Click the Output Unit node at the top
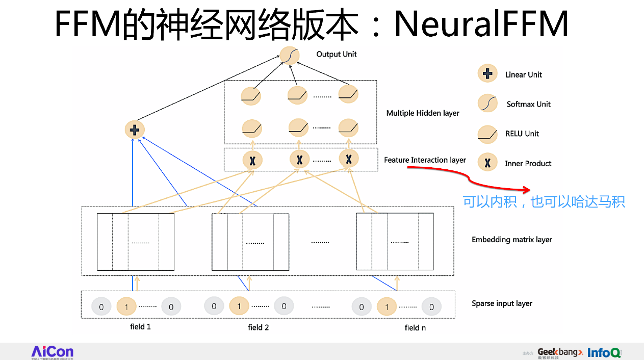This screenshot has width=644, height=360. point(289,55)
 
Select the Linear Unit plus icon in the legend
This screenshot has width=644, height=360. point(487,74)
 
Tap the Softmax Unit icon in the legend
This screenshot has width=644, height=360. point(487,104)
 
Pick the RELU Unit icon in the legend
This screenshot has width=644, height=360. point(487,134)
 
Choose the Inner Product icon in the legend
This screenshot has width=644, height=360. point(487,163)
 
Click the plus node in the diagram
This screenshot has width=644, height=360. point(135,130)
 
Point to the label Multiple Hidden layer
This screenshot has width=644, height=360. point(423,113)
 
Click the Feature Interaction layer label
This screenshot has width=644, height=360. point(425,160)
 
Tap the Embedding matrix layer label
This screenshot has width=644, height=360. point(511,240)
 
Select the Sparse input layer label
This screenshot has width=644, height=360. point(502,303)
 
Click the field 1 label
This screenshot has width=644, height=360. point(140,327)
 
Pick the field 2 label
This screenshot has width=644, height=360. point(258,327)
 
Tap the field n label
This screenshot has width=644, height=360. point(415,328)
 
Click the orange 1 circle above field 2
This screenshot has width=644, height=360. point(239,306)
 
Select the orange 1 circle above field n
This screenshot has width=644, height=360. point(387,307)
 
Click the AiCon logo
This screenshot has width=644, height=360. point(53,351)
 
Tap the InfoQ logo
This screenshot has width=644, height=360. point(604,352)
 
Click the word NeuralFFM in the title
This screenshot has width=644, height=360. point(481,24)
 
